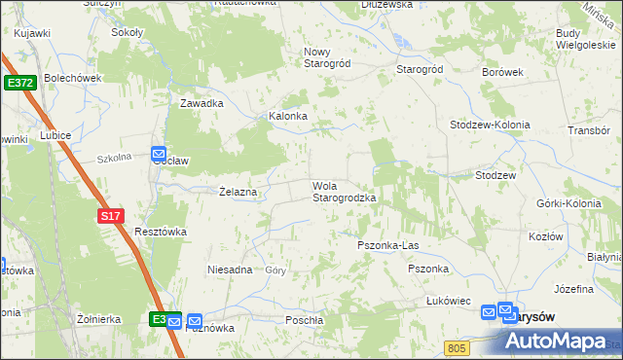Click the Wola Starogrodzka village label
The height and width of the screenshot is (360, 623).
(344, 192)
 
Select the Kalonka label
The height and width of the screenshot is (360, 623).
(288, 116)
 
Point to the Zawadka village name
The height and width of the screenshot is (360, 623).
(202, 103)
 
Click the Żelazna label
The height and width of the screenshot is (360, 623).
(238, 192)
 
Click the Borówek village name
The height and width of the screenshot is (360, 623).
(503, 72)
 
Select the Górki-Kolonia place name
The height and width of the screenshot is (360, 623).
(567, 203)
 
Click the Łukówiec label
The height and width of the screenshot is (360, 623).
(449, 302)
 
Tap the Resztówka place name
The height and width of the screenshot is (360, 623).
(160, 232)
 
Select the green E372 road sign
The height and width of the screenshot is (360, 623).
(18, 84)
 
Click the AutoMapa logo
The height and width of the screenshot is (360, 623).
(559, 341)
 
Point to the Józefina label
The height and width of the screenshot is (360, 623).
(573, 290)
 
